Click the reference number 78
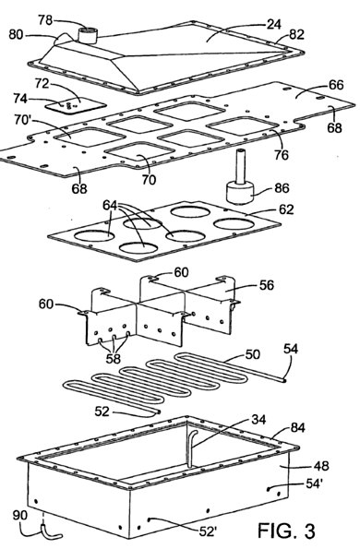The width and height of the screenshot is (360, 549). (x=45, y=20)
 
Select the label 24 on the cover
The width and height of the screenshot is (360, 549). (x=274, y=24)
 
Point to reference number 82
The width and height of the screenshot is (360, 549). (x=296, y=35)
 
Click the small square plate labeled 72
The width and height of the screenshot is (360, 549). (x=76, y=105)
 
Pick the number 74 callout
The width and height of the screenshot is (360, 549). (x=20, y=99)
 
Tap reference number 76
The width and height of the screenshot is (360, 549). (x=282, y=154)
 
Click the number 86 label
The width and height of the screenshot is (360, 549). (x=282, y=188)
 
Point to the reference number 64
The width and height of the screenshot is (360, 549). (x=111, y=205)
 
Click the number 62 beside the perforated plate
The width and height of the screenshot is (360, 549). (x=286, y=209)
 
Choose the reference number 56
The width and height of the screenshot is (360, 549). (x=266, y=285)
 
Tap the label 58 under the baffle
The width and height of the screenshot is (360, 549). (x=113, y=358)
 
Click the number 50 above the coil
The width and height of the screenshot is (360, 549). (x=253, y=354)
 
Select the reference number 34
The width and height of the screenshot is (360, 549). (x=258, y=419)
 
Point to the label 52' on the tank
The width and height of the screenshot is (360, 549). (x=208, y=531)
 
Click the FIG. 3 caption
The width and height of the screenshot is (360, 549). (x=286, y=531)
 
